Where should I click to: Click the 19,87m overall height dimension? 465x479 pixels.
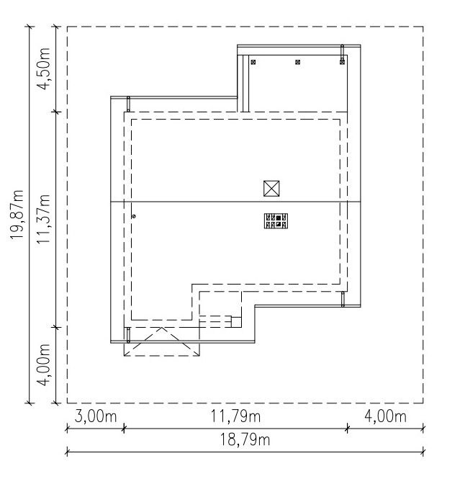pos(17,215)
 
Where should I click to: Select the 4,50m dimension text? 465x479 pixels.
pos(43,68)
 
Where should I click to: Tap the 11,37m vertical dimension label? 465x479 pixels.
pos(43,219)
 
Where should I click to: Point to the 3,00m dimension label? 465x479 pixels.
pos(96,416)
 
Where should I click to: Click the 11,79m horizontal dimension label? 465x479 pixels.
pos(235,416)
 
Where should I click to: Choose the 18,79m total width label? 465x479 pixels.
pos(245,440)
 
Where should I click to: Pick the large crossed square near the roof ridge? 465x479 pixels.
pos(271,189)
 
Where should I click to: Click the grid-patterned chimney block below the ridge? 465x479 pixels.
pos(276,221)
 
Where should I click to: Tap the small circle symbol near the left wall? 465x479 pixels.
pos(133,216)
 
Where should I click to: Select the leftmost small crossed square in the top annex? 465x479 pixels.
pos(253,62)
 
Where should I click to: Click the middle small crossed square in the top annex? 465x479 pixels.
pos(298,62)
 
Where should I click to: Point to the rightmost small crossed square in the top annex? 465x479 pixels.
pos(342,62)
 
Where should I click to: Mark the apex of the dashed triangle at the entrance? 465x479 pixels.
pos(161,328)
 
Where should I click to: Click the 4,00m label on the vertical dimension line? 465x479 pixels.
pos(43,365)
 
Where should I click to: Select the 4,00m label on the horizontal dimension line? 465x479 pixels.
pos(386,416)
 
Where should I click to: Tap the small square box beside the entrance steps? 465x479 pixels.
pos(236,322)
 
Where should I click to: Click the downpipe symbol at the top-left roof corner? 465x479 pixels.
pos(129,104)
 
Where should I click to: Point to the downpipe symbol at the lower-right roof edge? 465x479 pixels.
pos(343,299)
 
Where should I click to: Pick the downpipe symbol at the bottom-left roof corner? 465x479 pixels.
pos(129,335)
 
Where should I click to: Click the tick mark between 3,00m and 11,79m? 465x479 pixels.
pos(124,429)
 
